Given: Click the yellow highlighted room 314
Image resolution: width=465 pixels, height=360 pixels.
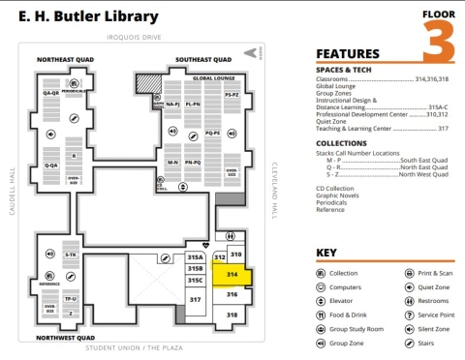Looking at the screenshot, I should (232, 275).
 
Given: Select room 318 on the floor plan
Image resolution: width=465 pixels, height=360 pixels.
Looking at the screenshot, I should (232, 315).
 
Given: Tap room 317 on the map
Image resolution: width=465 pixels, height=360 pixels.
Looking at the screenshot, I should (195, 300).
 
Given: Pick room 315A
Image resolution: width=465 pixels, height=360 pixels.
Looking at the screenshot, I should (195, 257).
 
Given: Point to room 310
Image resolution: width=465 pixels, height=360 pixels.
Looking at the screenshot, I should (235, 254).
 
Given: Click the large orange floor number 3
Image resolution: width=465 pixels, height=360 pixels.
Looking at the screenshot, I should (439, 43).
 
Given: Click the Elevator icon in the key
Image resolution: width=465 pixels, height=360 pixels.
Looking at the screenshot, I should (322, 301).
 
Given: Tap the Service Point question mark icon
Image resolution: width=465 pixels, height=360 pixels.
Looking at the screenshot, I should (409, 315).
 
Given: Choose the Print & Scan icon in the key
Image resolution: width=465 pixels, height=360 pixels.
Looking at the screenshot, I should (409, 274).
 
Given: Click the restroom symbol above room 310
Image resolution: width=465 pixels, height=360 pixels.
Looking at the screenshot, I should (230, 236).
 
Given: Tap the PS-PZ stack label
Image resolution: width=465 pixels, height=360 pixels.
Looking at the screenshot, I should (232, 95).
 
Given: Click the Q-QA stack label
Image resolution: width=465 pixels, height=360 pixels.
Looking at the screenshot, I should (50, 92).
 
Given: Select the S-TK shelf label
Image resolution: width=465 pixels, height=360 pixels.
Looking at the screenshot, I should (71, 255).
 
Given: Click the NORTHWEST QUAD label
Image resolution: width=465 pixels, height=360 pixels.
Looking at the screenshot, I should (64, 338).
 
